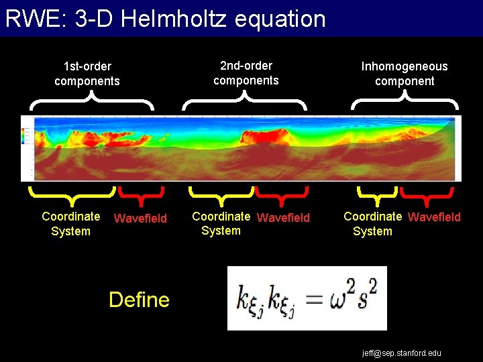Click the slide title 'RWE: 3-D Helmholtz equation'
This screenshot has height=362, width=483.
(x=165, y=19)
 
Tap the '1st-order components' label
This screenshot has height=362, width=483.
(x=87, y=74)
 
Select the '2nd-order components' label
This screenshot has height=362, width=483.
(x=246, y=73)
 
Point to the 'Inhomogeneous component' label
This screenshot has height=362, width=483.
(x=405, y=74)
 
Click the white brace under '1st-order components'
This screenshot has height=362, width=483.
(x=92, y=101)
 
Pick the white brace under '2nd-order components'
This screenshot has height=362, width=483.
(x=244, y=101)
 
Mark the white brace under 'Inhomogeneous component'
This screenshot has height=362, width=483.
(x=405, y=101)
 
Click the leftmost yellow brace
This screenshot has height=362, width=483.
(x=72, y=194)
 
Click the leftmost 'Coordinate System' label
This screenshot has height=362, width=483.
(x=70, y=224)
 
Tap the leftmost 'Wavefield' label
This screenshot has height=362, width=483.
(x=140, y=218)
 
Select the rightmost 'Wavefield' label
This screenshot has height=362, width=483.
(x=434, y=217)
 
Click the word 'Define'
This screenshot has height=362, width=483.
(x=139, y=300)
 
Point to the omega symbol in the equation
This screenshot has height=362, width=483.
(x=339, y=299)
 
